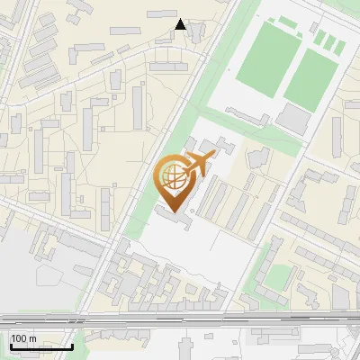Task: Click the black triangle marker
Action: tap(180, 24)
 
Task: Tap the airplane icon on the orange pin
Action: tap(196, 165)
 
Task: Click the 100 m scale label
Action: tap(23, 338)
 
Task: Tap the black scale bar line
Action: tap(41, 346)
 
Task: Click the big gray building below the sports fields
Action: tap(293, 118)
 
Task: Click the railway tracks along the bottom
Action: tap(180, 319)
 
